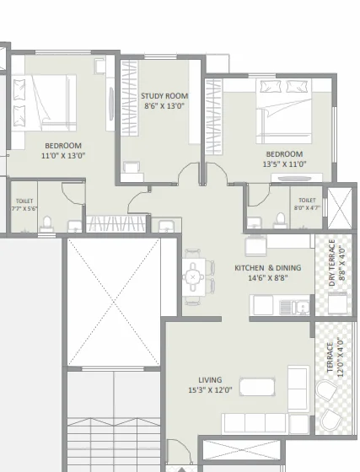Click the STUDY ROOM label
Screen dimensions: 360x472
point(164,96)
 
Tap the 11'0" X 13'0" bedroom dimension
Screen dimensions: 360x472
point(63,156)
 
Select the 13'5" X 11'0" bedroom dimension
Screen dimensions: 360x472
point(284,164)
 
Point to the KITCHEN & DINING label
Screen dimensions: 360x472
point(267,268)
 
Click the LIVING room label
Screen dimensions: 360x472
point(210,380)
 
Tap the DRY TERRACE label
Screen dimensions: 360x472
point(332,262)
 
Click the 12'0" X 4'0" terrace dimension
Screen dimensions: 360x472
point(341,357)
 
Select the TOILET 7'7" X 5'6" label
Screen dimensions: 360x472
point(24,205)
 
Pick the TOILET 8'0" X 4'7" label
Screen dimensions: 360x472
point(307,204)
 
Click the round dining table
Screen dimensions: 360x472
point(193,276)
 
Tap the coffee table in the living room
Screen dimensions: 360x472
point(257,387)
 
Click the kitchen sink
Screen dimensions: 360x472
point(302,307)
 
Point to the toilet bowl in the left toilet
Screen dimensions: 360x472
point(46,223)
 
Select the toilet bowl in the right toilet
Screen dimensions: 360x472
point(280,220)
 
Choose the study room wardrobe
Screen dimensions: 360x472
point(130,98)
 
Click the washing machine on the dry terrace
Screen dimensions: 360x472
point(338,303)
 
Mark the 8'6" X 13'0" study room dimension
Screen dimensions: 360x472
point(164,106)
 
